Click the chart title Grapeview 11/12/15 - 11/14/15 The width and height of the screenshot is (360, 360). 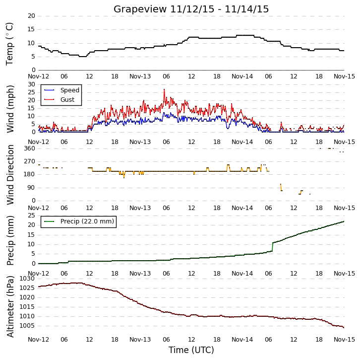(x=191, y=9)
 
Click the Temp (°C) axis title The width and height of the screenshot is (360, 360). (x=9, y=44)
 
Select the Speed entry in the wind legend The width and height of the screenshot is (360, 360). (x=69, y=90)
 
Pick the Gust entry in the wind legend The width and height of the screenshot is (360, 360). (x=67, y=99)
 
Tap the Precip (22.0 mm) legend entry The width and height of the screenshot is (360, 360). (x=87, y=221)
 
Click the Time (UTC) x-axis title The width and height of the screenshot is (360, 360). (x=191, y=350)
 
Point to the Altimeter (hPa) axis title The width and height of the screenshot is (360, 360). (x=10, y=307)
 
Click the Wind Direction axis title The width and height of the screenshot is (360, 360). (x=10, y=175)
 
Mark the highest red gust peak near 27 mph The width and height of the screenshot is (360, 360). (x=164, y=90)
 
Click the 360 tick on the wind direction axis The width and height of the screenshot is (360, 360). (x=30, y=148)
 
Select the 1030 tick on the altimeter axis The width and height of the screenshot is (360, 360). (x=27, y=279)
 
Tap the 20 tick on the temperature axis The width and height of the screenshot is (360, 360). (x=31, y=16)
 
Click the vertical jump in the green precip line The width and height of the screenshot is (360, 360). (x=273, y=247)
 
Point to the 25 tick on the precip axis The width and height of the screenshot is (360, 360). (x=31, y=216)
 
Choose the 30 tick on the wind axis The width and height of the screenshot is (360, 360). (x=31, y=84)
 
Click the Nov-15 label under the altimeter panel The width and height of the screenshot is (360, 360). (x=344, y=339)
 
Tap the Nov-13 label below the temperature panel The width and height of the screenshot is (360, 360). (x=140, y=76)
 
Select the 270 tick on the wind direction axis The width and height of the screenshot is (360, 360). (x=30, y=161)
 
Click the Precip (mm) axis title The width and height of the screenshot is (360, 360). (x=10, y=240)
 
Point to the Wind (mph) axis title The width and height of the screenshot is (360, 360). (x=10, y=109)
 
